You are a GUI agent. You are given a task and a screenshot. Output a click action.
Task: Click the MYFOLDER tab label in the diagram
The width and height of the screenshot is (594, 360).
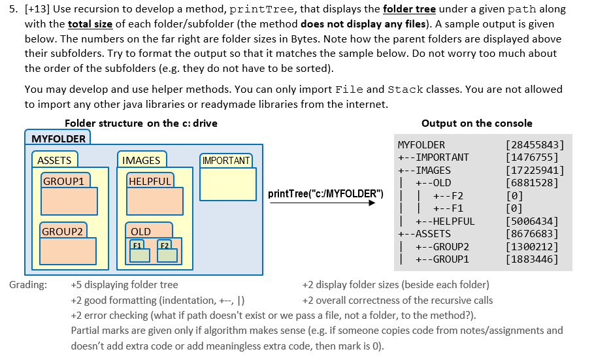pyautogui.click(x=59, y=139)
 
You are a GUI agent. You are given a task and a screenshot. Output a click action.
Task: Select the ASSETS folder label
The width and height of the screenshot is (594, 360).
pyautogui.click(x=54, y=160)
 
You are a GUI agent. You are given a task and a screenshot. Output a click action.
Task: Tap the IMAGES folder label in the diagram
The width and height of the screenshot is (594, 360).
pyautogui.click(x=141, y=160)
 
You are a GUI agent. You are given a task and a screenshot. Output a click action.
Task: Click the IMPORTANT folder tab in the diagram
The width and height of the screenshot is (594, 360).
pyautogui.click(x=226, y=161)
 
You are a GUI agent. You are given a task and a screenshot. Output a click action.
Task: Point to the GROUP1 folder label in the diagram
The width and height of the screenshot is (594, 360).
pyautogui.click(x=63, y=181)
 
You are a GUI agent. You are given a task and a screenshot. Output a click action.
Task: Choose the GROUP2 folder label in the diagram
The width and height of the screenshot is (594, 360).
pyautogui.click(x=63, y=231)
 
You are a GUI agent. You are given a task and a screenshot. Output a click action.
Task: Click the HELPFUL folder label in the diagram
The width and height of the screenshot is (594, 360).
pyautogui.click(x=150, y=181)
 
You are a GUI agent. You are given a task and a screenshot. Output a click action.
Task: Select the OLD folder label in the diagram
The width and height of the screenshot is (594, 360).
pyautogui.click(x=141, y=231)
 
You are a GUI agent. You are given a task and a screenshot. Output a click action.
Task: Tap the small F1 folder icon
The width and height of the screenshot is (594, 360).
pyautogui.click(x=139, y=252)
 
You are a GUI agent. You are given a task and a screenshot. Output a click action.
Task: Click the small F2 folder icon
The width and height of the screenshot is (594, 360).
pyautogui.click(x=167, y=252)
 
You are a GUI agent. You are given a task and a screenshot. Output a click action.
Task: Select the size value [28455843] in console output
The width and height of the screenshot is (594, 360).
pyautogui.click(x=535, y=145)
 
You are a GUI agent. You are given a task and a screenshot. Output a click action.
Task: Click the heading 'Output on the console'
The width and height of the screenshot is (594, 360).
pyautogui.click(x=477, y=123)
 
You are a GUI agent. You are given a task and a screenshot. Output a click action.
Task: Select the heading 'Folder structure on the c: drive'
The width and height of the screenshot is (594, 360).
pyautogui.click(x=141, y=123)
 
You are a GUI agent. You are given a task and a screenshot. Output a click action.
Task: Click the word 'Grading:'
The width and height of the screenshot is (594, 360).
pyautogui.click(x=28, y=285)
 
